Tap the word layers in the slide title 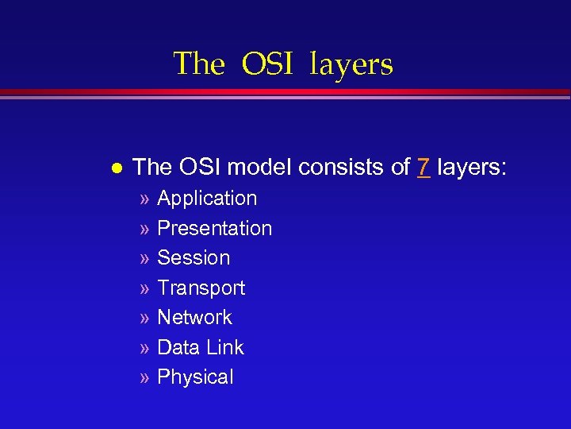[x=351, y=64]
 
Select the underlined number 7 [x=423, y=167]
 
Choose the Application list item [x=207, y=199]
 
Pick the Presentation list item [x=214, y=229]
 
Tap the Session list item [x=194, y=258]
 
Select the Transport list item [x=201, y=288]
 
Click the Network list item [x=194, y=318]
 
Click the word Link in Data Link [x=224, y=347]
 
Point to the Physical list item [x=195, y=377]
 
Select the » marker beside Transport [x=144, y=288]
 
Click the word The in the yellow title [x=199, y=64]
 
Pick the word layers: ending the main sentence [x=472, y=167]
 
